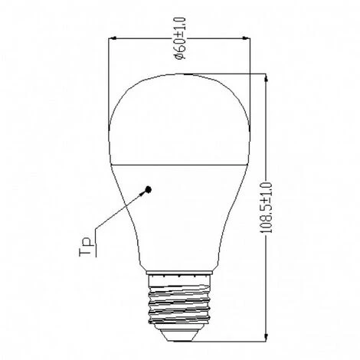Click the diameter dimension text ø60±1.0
point(180,38)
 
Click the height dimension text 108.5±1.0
point(266,208)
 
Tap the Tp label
point(85,247)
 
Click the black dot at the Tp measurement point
point(148,190)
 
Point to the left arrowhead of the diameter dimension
point(113,38)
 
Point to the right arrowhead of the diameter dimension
point(246,38)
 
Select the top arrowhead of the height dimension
point(266,78)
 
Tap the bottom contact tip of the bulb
point(179,340)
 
